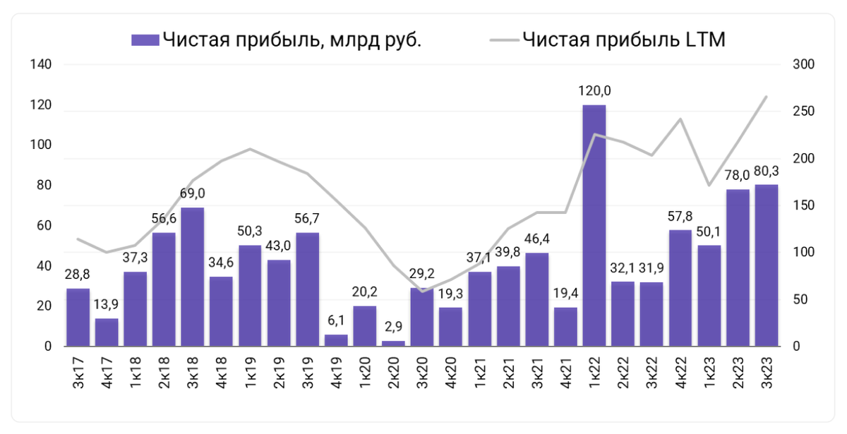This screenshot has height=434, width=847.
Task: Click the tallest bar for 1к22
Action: click(594, 226)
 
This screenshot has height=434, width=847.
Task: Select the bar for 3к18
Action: click(192, 277)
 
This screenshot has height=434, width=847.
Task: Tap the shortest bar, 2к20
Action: click(393, 343)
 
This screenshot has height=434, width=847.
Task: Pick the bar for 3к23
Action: click(766, 265)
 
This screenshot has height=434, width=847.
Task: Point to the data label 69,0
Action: click(192, 193)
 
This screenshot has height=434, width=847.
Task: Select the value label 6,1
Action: click(336, 320)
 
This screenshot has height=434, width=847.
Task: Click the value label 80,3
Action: click(767, 170)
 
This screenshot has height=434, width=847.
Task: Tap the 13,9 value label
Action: click(107, 304)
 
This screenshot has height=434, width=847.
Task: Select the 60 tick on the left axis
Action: click(44, 226)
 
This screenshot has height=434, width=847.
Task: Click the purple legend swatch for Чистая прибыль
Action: click(145, 40)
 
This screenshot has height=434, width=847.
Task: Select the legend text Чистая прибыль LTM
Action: click(624, 40)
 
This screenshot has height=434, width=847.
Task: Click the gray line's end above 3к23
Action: click(767, 97)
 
